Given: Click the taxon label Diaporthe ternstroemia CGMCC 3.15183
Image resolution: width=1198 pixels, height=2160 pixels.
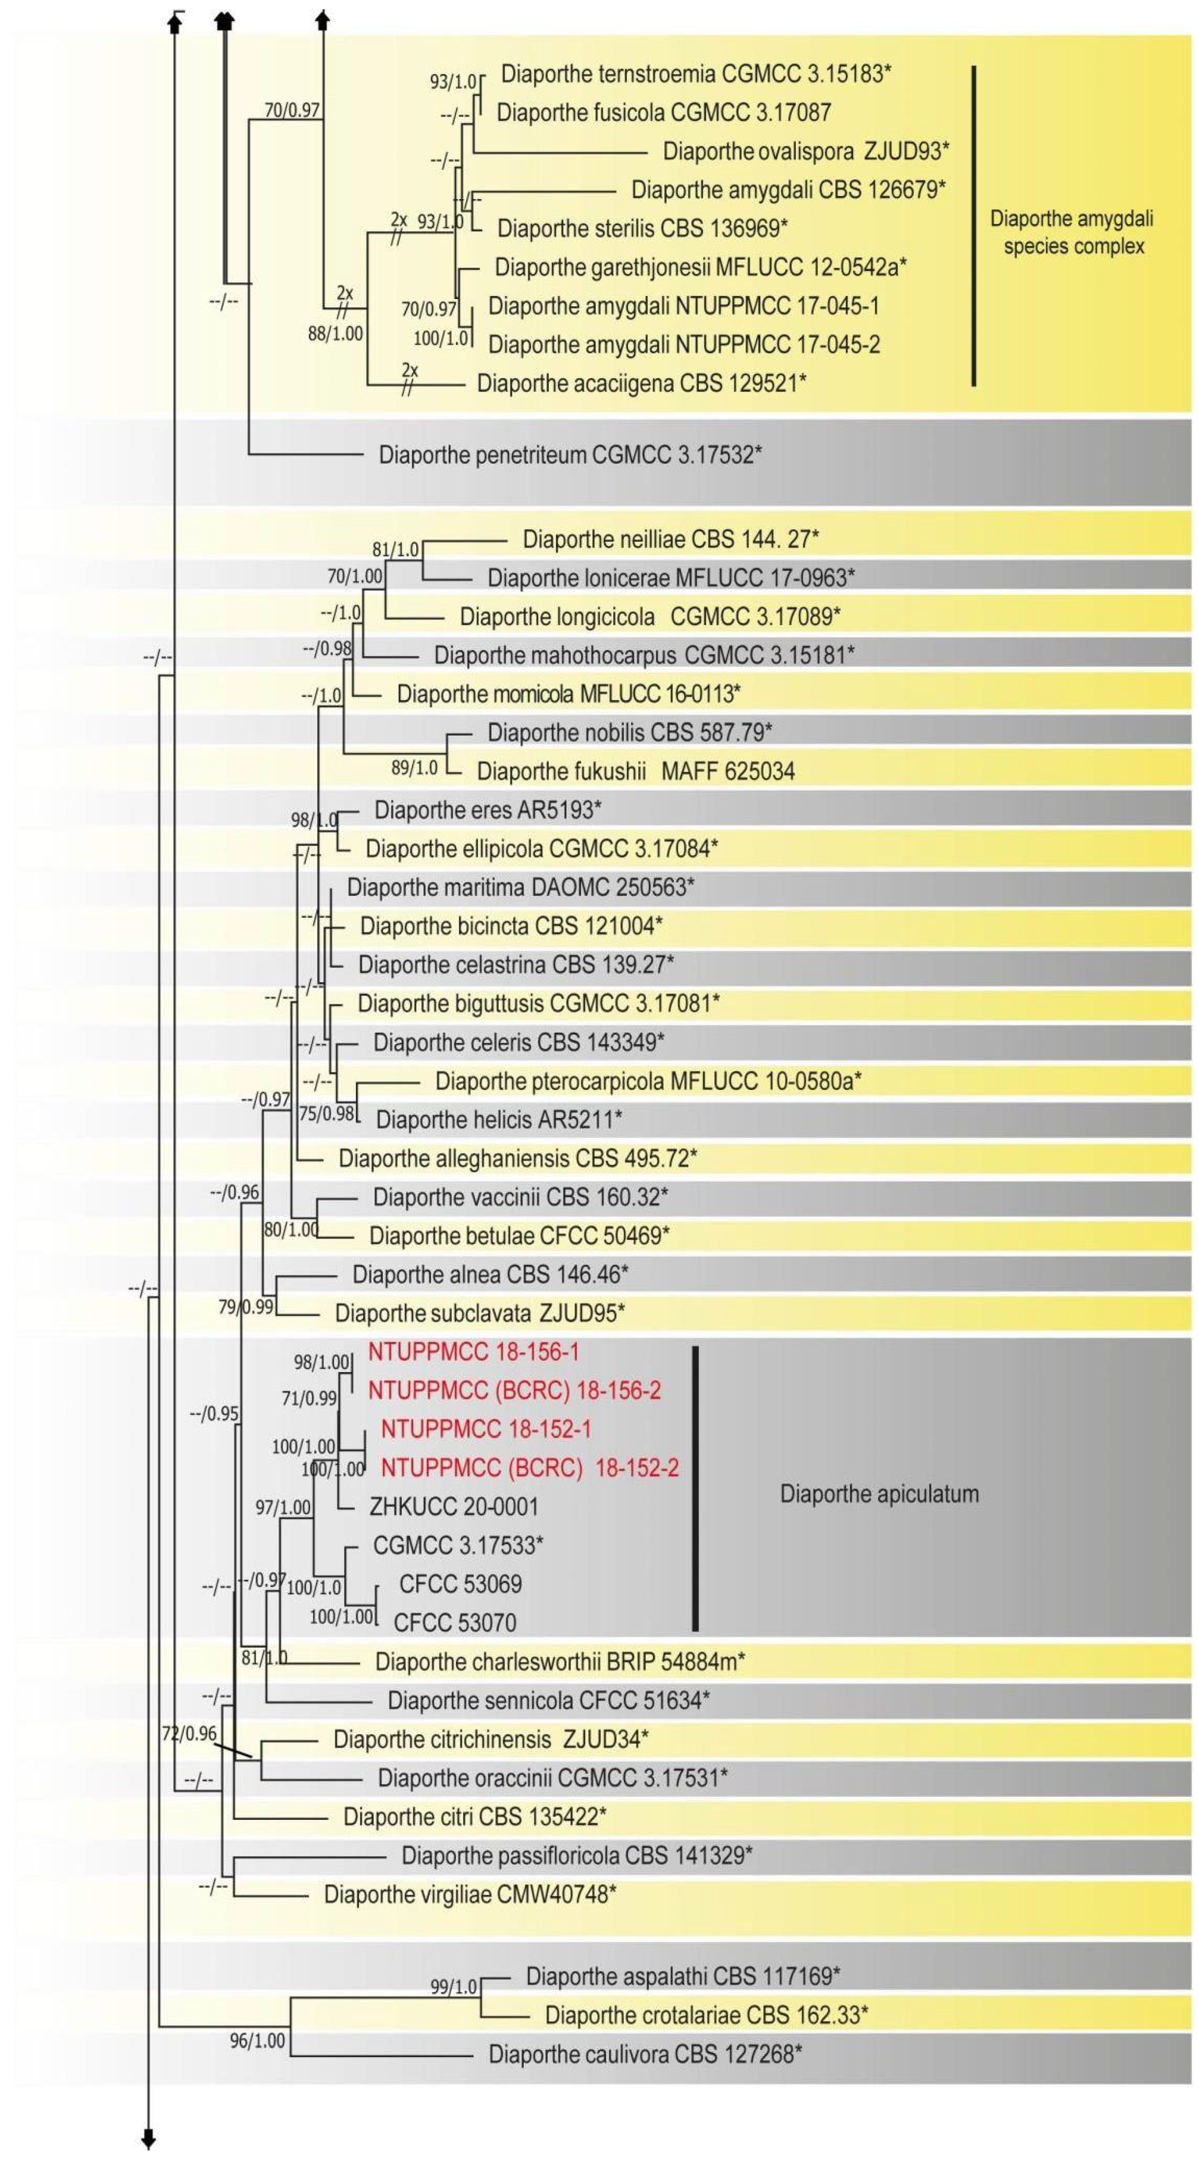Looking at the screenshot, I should pos(695,74).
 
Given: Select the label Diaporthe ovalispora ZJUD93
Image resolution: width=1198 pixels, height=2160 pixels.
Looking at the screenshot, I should pos(806,151).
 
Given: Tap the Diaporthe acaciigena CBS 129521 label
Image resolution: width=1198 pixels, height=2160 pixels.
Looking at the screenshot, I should pos(641,383).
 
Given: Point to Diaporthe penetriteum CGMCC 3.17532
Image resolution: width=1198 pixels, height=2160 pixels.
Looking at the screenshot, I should pos(570,455).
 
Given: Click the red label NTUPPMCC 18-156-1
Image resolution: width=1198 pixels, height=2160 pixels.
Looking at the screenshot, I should pos(473,1352).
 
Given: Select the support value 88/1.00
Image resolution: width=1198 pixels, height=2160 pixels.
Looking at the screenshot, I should pos(335,334).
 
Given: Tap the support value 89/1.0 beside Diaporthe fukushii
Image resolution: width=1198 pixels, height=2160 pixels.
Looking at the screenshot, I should pos(414,767).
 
